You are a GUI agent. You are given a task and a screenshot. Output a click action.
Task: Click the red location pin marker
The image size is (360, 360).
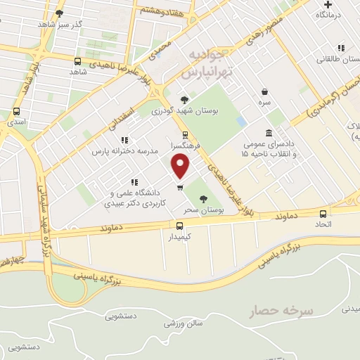click(181, 166)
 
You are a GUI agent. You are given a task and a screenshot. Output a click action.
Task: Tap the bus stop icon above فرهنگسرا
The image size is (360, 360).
click(185, 134)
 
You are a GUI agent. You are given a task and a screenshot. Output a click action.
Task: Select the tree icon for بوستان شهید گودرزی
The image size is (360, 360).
click(184, 99)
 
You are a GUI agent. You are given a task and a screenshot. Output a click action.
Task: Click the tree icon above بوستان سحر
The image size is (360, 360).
click(204, 199)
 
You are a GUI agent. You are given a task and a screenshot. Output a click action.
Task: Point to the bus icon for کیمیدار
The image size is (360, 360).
click(180, 226)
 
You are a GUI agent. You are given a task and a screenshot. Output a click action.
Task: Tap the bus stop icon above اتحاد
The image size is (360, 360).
click(323, 214)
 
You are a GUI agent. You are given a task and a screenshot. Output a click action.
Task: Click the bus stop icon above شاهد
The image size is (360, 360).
click(77, 61)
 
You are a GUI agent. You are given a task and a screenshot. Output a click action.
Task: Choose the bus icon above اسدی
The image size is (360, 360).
click(16, 111)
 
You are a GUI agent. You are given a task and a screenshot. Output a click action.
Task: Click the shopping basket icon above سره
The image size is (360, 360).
click(264, 91)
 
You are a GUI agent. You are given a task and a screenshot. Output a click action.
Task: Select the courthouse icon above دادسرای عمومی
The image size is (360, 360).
click(269, 133)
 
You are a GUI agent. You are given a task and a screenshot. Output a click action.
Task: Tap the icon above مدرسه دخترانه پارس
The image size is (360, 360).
click(124, 141)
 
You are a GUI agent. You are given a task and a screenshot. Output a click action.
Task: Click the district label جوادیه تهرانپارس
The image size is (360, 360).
click(206, 63)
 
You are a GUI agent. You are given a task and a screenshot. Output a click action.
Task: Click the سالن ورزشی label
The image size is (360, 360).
click(184, 323)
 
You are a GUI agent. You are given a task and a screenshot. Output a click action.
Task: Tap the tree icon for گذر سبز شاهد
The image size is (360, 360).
click(59, 13)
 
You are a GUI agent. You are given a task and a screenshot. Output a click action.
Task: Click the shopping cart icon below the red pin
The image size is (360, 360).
click(180, 187)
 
